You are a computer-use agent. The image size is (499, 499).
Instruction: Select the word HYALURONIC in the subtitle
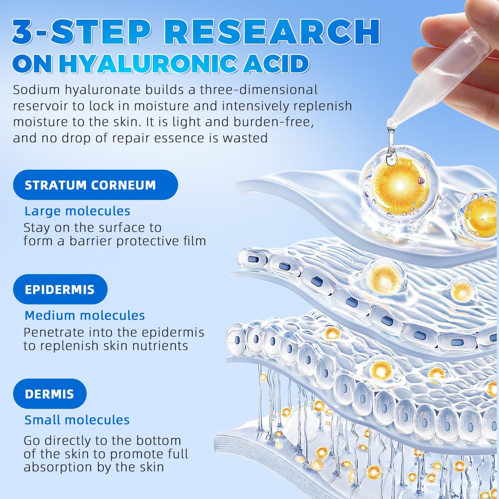tap(148, 64)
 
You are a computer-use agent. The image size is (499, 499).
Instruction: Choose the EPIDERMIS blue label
tap(60, 289)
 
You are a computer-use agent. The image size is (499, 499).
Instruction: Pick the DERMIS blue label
tap(50, 394)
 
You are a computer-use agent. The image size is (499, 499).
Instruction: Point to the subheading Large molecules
tap(77, 211)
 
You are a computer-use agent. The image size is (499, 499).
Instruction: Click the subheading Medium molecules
tap(85, 316)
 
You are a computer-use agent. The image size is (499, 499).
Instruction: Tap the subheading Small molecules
tap(77, 420)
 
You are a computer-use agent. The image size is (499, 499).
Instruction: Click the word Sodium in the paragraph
tap(36, 90)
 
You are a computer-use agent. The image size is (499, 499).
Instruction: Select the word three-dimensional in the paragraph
tap(259, 90)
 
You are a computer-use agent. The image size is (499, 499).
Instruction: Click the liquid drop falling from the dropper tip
tap(391, 152)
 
